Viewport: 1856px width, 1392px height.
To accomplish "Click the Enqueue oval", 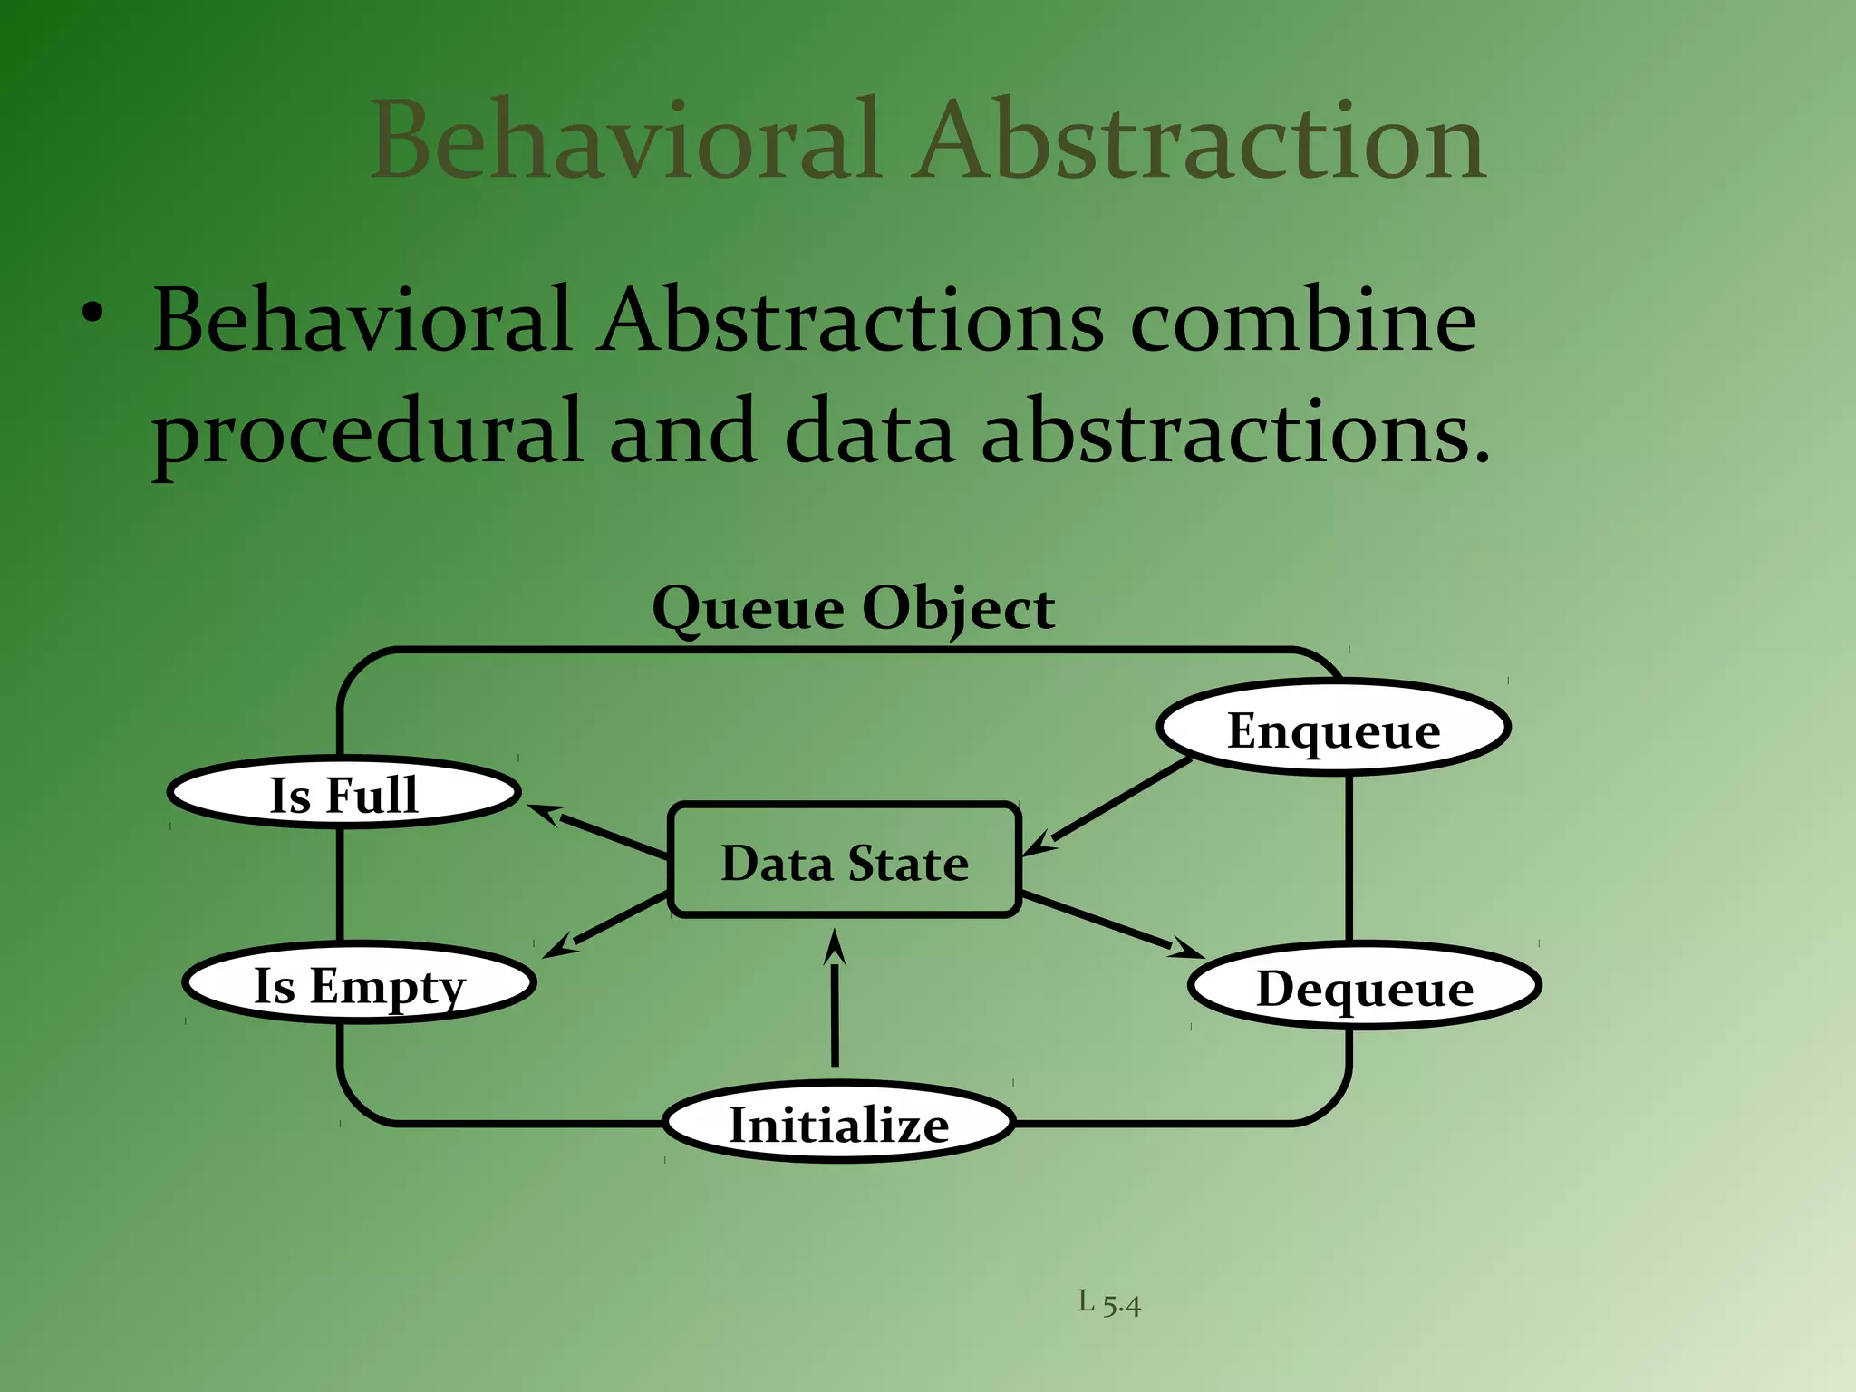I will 1333,729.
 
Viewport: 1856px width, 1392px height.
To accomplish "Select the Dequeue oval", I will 1364,986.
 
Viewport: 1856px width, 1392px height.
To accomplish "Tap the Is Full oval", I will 343,793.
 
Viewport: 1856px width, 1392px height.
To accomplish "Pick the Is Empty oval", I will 359,983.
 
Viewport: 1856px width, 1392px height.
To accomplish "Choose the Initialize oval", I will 838,1123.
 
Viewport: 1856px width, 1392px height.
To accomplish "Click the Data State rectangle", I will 844,861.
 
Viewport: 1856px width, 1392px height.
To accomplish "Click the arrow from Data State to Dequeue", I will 1110,924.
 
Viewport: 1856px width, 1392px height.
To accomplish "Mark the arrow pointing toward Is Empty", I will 607,924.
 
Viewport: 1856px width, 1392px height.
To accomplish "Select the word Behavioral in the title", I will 625,140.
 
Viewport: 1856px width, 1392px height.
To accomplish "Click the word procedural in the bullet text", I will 366,433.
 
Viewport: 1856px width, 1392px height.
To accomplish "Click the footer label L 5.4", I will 1109,1303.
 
